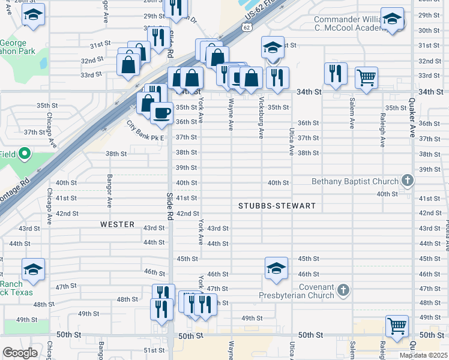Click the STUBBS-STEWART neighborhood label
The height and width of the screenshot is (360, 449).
(277, 206)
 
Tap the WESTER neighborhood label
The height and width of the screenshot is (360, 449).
(117, 224)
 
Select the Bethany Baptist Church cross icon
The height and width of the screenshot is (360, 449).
(408, 181)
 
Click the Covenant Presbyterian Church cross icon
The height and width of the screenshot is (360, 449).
(343, 290)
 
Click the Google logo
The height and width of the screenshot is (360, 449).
(20, 353)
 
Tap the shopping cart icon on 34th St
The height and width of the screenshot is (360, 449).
(366, 77)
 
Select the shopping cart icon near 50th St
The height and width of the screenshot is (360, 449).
(397, 326)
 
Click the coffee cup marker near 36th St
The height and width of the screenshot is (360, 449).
(161, 113)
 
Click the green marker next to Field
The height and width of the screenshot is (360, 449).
(25, 154)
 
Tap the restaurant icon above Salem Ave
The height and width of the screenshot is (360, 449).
(335, 73)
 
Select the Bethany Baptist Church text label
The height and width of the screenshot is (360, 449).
(355, 181)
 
